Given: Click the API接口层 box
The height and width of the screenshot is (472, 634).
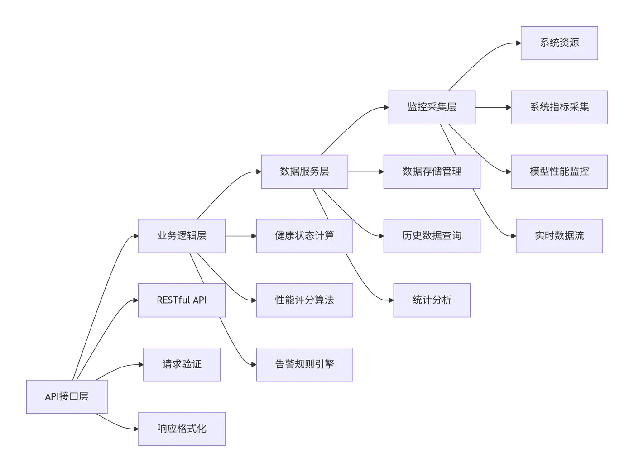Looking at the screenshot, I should [67, 396].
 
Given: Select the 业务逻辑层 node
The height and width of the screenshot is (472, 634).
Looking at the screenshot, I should [182, 236].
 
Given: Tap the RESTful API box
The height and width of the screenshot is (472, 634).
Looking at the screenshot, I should [182, 300].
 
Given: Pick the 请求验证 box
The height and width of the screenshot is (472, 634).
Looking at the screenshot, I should [182, 364].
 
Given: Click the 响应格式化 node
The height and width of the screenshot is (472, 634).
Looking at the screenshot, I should [182, 429].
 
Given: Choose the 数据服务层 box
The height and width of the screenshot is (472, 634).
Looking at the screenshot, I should [304, 172].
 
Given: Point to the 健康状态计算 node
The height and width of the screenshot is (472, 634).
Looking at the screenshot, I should [304, 236].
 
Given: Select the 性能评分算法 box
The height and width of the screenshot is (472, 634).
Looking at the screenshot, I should [304, 300].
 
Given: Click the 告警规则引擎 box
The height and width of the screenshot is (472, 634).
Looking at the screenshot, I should [304, 364].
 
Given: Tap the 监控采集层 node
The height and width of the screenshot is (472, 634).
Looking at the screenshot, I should [432, 107].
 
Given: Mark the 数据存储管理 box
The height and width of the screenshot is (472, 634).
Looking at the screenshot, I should [432, 172].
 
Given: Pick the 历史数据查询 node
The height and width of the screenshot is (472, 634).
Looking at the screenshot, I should [432, 236].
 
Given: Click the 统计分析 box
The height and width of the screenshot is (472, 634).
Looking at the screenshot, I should [432, 300].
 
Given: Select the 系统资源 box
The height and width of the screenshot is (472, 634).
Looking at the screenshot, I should [559, 43].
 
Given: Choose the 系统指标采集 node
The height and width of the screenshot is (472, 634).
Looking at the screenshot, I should [559, 107].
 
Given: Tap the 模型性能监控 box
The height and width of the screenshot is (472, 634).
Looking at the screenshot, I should [559, 172].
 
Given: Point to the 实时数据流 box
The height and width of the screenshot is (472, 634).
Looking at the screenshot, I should [559, 236].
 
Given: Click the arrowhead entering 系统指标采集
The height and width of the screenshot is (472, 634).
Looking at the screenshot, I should [508, 107].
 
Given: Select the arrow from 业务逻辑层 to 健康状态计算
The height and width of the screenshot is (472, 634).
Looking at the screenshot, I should [240, 236].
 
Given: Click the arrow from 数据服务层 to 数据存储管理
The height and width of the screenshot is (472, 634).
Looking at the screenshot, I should [365, 172].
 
